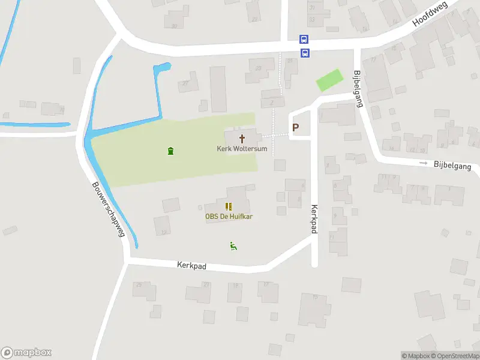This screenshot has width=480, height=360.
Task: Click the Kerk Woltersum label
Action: (242, 148)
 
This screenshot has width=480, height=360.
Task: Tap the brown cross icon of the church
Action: (242, 138)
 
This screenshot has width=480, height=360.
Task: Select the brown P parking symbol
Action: (295, 127)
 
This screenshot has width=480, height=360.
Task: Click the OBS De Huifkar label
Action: (228, 217)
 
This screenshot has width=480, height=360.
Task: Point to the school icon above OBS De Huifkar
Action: (228, 206)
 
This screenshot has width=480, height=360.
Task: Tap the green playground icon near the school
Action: (233, 245)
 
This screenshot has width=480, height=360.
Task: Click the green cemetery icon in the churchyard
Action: (171, 151)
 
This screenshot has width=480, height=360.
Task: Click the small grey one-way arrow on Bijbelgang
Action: (423, 163)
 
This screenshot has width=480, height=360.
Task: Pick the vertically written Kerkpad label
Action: (314, 219)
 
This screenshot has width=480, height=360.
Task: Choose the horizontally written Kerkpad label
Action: (192, 265)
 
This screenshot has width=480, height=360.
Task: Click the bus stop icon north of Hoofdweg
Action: (305, 40)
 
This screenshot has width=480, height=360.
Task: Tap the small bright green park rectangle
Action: (329, 80)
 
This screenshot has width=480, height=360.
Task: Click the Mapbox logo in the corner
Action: (26, 353)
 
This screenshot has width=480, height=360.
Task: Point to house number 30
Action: (175, 26)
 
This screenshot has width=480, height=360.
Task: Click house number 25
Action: (139, 284)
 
